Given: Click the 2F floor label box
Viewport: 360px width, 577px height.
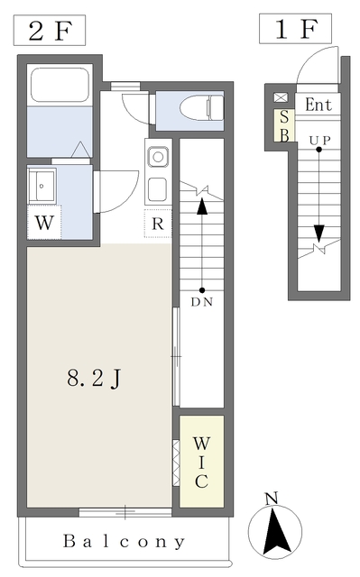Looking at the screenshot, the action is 50,31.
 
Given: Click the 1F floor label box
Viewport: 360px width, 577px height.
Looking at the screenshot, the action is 295,29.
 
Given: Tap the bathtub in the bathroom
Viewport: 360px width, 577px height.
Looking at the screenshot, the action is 60,85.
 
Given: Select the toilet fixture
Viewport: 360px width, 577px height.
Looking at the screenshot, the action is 202,108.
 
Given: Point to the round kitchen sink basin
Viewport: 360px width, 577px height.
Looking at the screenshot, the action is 158,157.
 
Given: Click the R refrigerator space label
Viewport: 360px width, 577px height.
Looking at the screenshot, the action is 158,224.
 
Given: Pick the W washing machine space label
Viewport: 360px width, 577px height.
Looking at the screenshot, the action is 44,223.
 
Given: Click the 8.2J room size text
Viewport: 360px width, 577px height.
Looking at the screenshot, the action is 94,378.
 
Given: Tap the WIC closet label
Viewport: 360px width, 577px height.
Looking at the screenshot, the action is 201,463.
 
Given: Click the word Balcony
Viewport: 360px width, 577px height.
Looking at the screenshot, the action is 124,541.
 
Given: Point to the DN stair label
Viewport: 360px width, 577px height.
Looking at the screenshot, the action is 202,302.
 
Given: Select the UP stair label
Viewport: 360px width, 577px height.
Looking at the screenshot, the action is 319,141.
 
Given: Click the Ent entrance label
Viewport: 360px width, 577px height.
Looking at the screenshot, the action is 318,105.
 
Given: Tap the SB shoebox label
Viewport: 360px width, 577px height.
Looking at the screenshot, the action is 284,126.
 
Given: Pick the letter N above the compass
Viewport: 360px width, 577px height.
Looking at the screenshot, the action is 272,499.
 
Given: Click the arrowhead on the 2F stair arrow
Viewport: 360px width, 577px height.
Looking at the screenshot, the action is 202,206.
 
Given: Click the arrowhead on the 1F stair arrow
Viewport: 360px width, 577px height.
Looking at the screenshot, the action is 319,233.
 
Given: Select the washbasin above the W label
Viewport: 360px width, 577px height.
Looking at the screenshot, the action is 42,185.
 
